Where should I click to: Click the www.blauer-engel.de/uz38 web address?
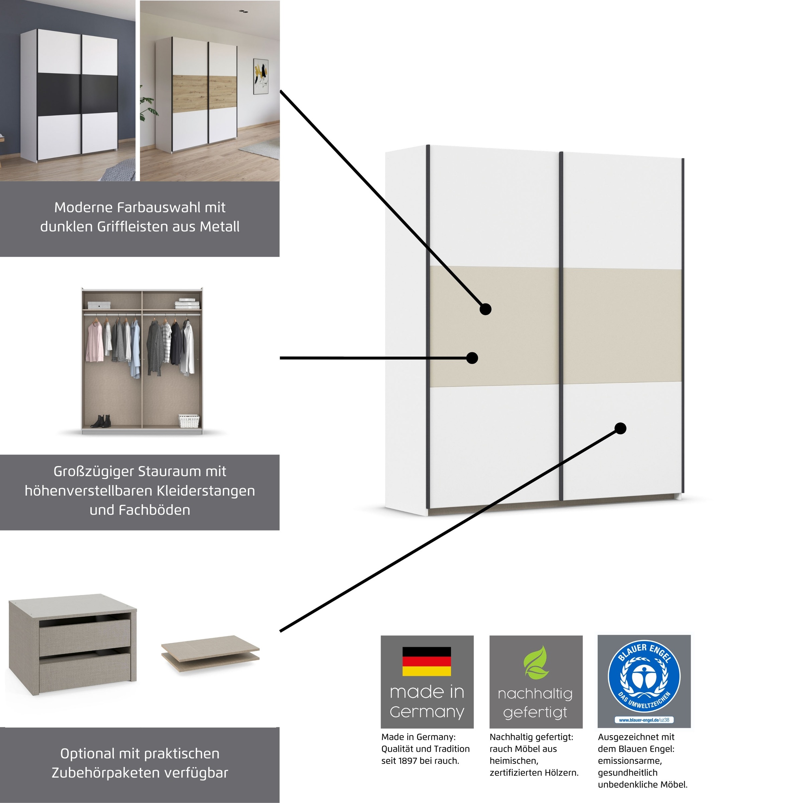tap(644, 719)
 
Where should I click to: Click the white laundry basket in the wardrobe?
tap(189, 421)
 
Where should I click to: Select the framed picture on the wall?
tap(261, 77)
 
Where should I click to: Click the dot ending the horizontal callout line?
tap(472, 358)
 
